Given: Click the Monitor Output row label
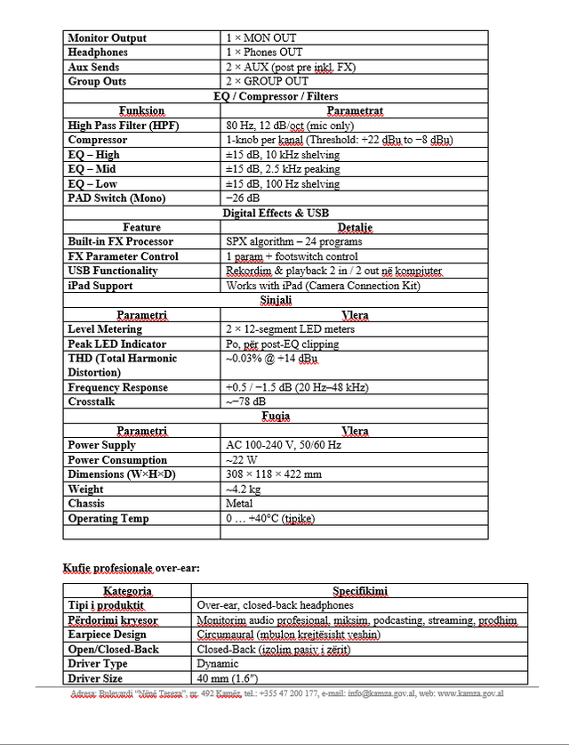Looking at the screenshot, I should pos(107,38).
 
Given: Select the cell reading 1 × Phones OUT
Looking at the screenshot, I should pos(264,53).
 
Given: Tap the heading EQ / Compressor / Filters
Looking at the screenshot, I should pos(276,96).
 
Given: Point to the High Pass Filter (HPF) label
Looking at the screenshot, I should pos(123,126).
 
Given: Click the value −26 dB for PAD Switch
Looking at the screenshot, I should pos(243,198).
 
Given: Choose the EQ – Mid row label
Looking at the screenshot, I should pos(93,169).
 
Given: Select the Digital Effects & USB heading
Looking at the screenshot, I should pos(276,213).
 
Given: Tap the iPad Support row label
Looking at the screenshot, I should pos(100,286).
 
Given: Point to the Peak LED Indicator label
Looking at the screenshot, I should pos(116,344).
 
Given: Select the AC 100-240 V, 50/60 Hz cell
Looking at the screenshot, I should pos(284,445).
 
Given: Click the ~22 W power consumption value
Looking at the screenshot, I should pos(242,460).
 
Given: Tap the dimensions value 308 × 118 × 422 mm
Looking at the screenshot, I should pos(274,474).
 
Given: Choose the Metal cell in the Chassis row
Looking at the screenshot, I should pos(240,504).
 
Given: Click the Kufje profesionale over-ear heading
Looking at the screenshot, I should pos(131,567).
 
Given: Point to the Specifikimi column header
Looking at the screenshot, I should pos(360,590).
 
